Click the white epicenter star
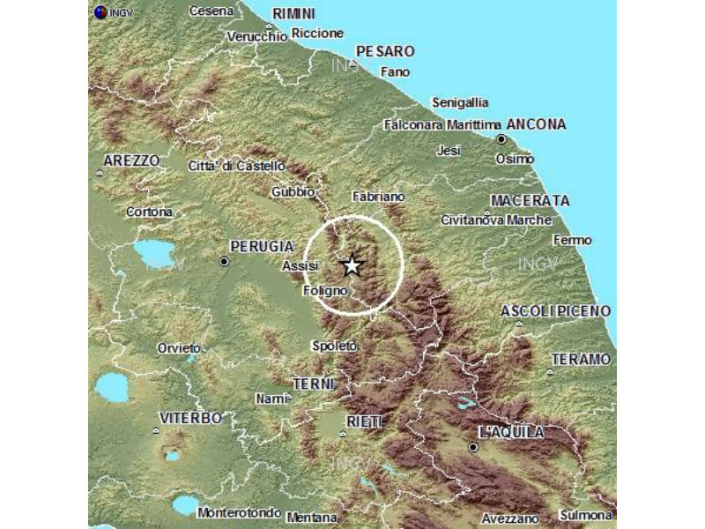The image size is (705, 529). tap(352, 264)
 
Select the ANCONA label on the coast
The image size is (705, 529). tap(537, 124)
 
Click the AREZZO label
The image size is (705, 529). tap(131, 160)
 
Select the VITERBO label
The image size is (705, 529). tap(189, 417)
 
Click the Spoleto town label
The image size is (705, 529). tap(335, 346)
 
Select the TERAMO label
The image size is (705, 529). tap(580, 359)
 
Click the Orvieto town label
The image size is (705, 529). tap(180, 348)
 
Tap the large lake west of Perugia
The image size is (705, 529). tap(155, 253)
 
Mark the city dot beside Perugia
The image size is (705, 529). tap(225, 261)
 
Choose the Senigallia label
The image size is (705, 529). tap(459, 102)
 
